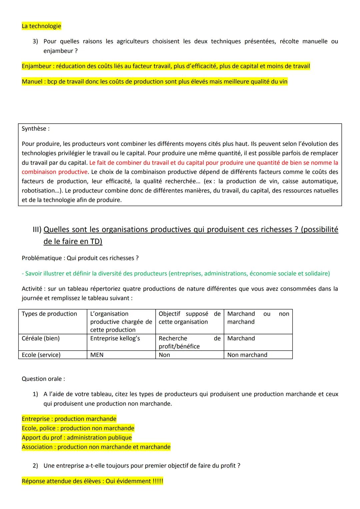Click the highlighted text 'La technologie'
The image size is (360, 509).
click(41, 26)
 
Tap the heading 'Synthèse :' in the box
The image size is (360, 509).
click(35, 129)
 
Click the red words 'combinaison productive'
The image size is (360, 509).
click(54, 172)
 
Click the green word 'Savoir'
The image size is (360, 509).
click(34, 274)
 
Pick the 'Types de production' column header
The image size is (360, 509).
click(49, 314)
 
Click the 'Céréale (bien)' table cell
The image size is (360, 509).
click(41, 338)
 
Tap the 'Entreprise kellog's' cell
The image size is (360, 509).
click(115, 338)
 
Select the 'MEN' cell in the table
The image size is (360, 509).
click(97, 355)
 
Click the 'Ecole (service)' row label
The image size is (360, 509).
click(41, 355)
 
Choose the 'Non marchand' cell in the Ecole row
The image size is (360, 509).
click(247, 355)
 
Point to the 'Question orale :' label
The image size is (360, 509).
click(43, 379)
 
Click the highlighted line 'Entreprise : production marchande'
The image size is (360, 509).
click(69, 419)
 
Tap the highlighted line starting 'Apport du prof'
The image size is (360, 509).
click(77, 438)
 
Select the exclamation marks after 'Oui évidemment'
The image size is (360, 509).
click(158, 481)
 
